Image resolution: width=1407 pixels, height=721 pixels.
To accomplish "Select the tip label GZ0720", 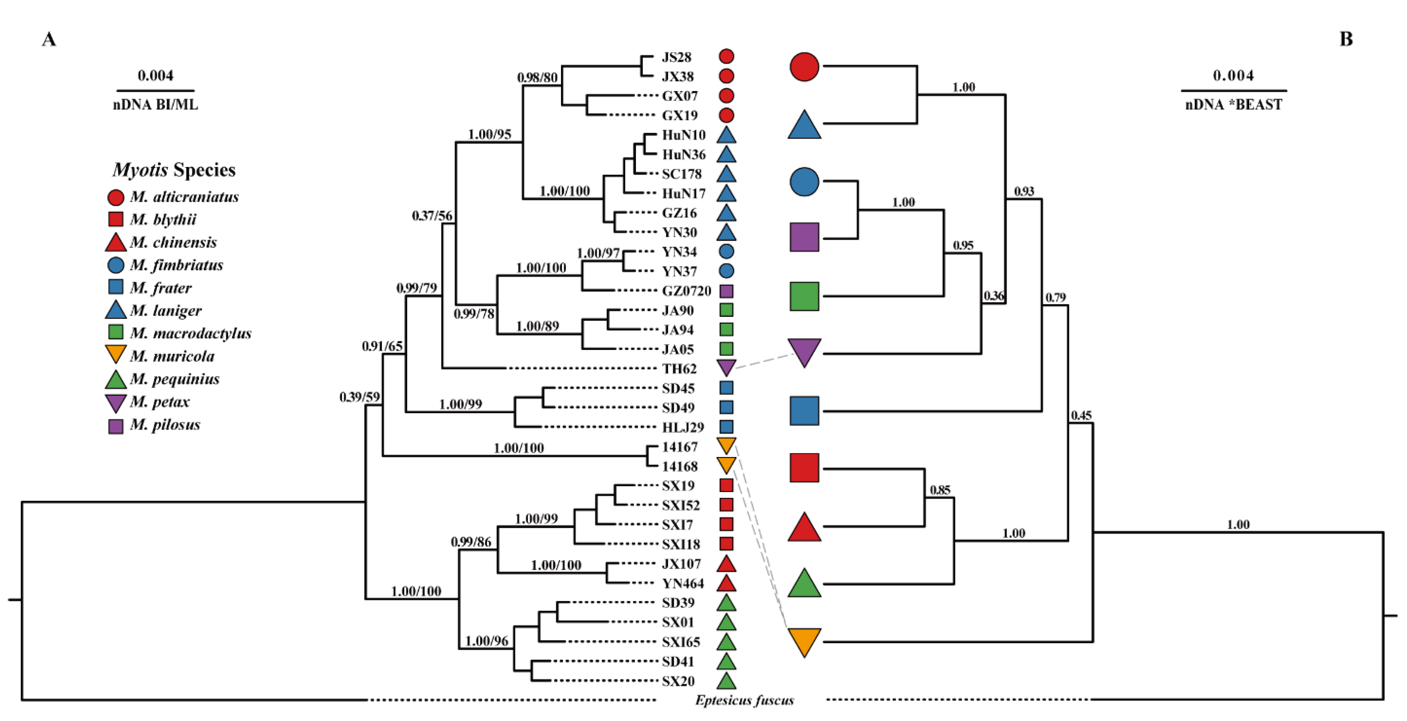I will coord(686,291).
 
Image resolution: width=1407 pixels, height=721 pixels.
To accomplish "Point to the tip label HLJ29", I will coord(683,427).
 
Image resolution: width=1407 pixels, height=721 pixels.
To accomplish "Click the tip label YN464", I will coord(683,583).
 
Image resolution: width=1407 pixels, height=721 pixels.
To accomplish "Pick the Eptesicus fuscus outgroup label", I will coord(744,700).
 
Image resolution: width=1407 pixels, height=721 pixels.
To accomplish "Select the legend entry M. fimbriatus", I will coord(177,265).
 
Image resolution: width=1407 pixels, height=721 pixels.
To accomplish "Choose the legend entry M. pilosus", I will coord(165,425).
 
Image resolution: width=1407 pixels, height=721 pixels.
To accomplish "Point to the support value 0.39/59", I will coord(359,397).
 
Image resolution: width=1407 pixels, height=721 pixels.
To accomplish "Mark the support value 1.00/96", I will coord(486,641).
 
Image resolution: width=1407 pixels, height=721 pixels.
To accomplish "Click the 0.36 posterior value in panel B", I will coord(993,296).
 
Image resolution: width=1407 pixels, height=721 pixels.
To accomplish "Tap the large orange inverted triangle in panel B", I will coord(804,641).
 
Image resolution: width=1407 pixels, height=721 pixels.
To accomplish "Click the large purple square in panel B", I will coord(804,237).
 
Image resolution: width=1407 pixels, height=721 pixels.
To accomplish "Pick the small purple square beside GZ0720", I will coord(726,291).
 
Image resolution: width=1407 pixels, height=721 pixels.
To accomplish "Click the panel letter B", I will coord(1346,39).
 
